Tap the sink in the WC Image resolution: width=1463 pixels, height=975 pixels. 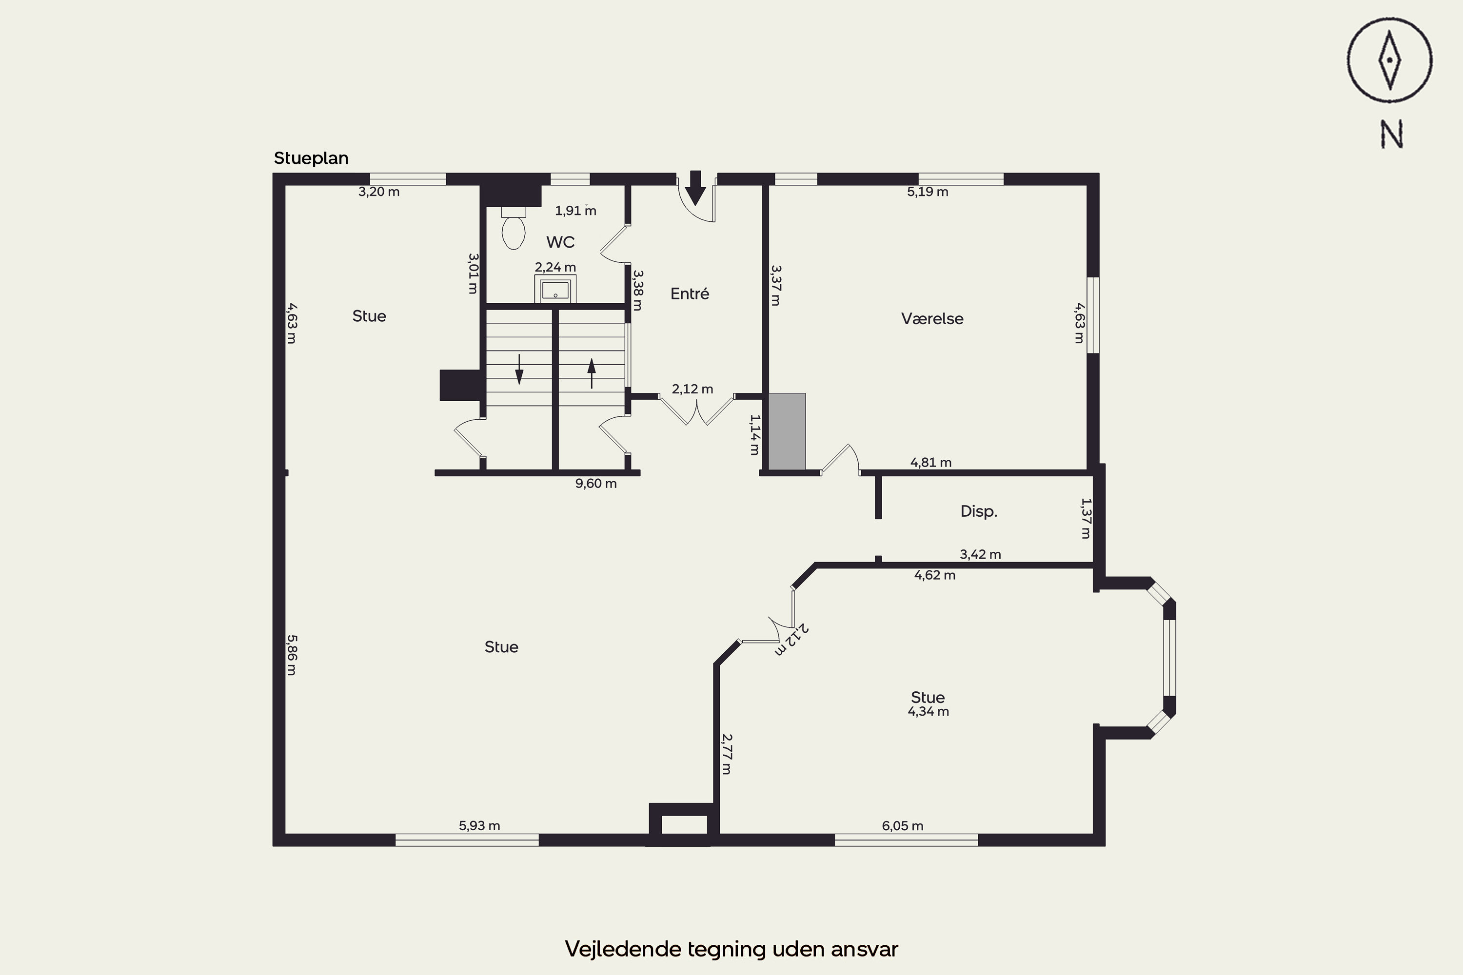coord(555,289)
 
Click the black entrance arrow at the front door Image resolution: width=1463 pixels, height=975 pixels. coord(695,188)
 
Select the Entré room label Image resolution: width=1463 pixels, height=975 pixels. coord(689,293)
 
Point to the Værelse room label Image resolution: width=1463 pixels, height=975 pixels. coord(932,318)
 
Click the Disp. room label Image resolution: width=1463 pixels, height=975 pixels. coord(978,511)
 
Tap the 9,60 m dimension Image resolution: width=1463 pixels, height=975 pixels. coord(596,483)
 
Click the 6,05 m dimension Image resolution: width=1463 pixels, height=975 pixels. coord(903,826)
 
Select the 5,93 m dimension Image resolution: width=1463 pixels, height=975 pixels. coord(479,825)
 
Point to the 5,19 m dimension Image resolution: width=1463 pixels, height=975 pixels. coord(928,192)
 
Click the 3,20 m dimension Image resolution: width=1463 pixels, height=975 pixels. coord(379,192)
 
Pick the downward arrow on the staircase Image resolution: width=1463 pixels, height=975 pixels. coord(519,370)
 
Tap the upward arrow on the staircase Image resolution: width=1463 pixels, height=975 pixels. coord(592,373)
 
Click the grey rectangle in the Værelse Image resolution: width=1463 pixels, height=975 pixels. coord(788,431)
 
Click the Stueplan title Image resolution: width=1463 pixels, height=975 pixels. coord(311,158)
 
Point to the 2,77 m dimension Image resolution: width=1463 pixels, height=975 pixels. coord(726,754)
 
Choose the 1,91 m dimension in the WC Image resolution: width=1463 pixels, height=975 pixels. coord(575,210)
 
